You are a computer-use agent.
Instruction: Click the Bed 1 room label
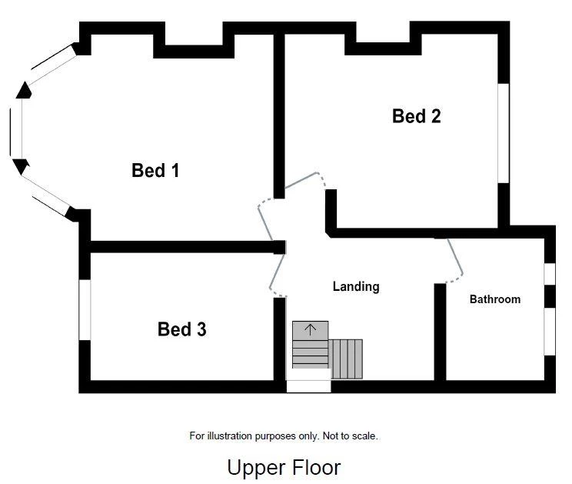[x=155, y=170]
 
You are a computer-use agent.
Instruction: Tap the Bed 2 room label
[x=416, y=116]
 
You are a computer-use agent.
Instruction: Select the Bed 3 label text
[x=181, y=329]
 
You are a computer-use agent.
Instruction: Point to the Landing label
[x=355, y=286]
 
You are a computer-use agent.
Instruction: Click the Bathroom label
[x=494, y=299]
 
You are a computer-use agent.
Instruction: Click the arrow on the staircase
[x=310, y=330]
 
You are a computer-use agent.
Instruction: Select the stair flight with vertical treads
[x=346, y=359]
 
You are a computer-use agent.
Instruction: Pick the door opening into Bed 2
[x=304, y=182]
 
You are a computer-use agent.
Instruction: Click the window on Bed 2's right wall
[x=504, y=132]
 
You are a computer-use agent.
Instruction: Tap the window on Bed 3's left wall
[x=85, y=309]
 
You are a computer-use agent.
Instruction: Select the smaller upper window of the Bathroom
[x=549, y=274]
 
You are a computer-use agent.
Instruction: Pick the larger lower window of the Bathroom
[x=549, y=331]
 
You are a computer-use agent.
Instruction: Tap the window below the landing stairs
[x=308, y=386]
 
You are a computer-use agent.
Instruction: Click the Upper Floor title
[x=284, y=467]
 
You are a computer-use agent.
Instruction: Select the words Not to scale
[x=349, y=436]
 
